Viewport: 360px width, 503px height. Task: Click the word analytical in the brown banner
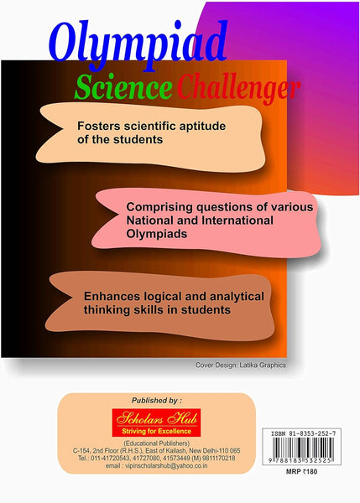click(x=227, y=297)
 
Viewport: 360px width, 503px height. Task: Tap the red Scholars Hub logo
click(x=154, y=417)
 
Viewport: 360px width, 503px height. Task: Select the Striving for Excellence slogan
click(x=155, y=430)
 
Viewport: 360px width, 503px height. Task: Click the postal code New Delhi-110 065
click(x=226, y=450)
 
